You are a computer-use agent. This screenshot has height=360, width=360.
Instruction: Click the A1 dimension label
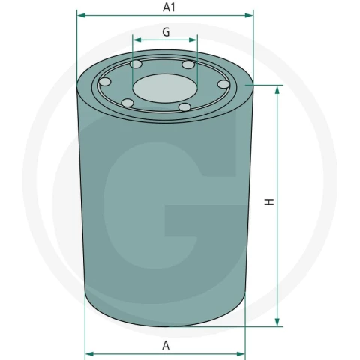(x=169, y=7)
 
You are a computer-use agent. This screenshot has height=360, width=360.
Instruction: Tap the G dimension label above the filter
(x=166, y=32)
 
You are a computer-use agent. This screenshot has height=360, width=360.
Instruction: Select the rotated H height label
(x=269, y=202)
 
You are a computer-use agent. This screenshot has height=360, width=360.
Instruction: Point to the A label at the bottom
(x=166, y=345)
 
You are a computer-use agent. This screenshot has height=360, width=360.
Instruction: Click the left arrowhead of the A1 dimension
(x=82, y=16)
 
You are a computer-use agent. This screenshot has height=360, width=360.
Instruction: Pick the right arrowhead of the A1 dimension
(x=249, y=16)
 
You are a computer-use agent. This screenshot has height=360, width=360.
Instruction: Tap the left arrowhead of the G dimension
(x=137, y=40)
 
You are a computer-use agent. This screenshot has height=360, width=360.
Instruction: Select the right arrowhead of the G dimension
(x=193, y=40)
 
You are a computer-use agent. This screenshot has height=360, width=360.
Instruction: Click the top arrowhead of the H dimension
(x=277, y=90)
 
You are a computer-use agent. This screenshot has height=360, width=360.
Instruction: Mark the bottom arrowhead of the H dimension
(x=277, y=322)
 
